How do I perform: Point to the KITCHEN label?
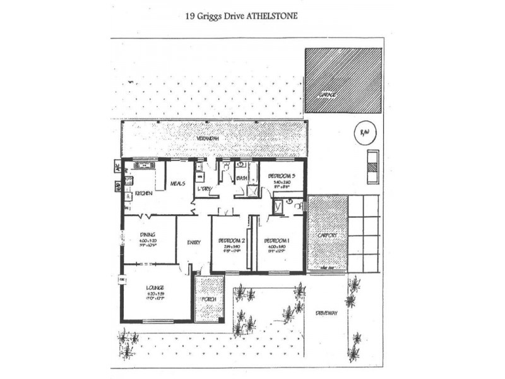(144, 193)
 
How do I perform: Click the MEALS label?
(177, 184)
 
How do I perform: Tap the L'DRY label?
(205, 189)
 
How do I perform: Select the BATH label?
(241, 179)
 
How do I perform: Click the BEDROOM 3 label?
(281, 176)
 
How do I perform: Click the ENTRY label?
(194, 241)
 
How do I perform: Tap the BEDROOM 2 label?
(231, 241)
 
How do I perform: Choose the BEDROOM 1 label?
(276, 241)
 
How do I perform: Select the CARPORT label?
(327, 236)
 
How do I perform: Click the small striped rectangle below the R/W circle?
(373, 167)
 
